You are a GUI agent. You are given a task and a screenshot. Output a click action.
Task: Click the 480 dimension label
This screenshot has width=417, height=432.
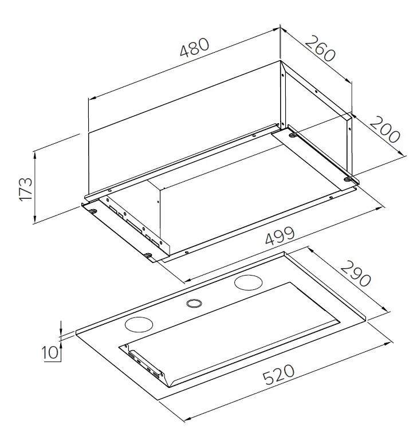[194, 48]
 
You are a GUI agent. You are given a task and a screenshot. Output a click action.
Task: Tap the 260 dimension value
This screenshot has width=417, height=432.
[320, 49]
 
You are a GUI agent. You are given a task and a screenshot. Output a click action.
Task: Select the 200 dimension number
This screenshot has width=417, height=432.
[384, 129]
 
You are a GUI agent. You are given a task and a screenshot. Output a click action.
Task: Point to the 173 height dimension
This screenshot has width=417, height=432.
[26, 189]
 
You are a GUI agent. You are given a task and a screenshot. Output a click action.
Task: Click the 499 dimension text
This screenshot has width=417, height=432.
[280, 236]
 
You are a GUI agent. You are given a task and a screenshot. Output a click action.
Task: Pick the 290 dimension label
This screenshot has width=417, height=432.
[356, 274]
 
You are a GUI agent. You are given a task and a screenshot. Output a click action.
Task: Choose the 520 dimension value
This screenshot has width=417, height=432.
[278, 374]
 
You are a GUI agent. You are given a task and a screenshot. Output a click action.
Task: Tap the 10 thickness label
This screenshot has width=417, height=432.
[50, 352]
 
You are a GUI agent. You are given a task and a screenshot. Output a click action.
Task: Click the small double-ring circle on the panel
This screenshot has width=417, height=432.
[194, 303]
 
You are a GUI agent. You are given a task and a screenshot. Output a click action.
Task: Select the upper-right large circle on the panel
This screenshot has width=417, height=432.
[248, 282]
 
